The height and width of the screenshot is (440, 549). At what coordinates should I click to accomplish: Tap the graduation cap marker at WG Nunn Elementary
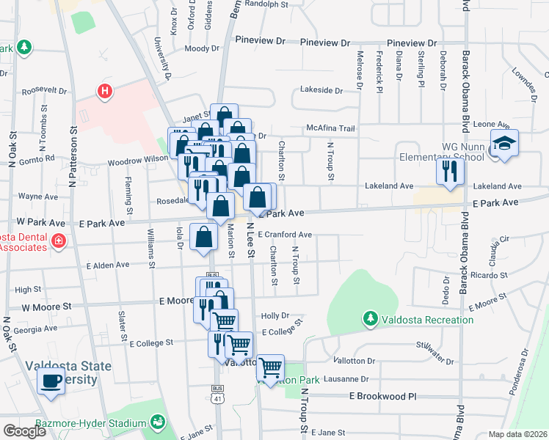tap(504, 143)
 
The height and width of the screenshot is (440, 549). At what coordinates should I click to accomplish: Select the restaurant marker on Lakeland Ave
tap(449, 172)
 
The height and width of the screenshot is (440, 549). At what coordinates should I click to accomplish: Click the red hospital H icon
tap(105, 92)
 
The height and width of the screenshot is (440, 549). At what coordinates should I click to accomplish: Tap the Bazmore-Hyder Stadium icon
tap(157, 422)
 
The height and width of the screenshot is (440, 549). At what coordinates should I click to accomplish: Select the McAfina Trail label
tap(330, 128)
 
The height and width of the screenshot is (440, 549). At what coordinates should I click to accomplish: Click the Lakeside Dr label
tap(321, 90)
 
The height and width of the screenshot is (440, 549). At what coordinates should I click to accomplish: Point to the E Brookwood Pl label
tap(382, 395)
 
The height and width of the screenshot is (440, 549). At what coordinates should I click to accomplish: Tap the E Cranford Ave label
tap(286, 235)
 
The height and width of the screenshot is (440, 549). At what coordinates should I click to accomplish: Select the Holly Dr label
tap(275, 316)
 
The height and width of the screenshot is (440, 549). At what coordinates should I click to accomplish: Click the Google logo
tap(24, 431)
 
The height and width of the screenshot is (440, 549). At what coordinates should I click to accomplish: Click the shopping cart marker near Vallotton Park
tap(271, 367)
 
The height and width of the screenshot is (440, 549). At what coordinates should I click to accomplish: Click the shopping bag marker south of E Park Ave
tap(204, 237)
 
